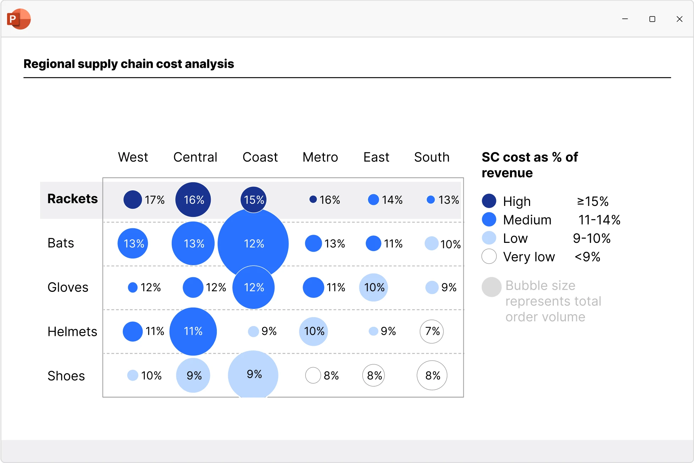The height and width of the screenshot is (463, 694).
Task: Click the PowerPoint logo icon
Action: pos(19,19)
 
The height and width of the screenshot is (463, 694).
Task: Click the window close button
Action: pos(679,19)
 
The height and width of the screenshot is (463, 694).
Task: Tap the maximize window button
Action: pos(652,19)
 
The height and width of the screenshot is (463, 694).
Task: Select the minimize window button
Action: pos(625,19)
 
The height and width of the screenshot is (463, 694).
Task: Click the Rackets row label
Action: pos(72,199)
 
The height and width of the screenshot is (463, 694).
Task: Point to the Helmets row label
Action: pos(72,332)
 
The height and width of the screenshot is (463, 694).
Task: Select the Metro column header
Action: pos(320,157)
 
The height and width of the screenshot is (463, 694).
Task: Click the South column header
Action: pos(431,157)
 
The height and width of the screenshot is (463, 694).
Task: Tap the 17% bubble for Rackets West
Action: pos(133,200)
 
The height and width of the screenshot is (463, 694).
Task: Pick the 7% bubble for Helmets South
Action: pos(431,331)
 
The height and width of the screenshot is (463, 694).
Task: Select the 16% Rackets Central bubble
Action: pos(193,200)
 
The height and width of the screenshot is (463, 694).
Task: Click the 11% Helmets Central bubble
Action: pos(193,331)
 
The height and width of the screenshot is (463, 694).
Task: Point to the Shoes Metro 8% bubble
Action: pos(313,375)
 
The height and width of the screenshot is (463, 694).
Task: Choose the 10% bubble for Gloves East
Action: pos(374,287)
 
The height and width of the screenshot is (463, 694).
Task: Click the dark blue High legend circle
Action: pos(489,201)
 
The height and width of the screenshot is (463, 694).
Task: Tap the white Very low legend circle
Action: pos(489,256)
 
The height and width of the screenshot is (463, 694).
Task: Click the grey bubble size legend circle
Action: pos(491,287)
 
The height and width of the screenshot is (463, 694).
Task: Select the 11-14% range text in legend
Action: pos(599,220)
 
